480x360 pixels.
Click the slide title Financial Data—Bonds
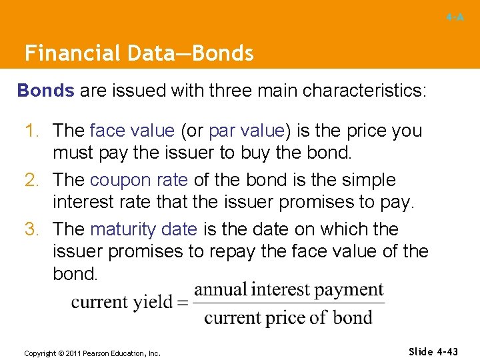[x=139, y=53]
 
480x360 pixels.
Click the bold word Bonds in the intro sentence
[x=45, y=91]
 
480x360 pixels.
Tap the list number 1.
[x=33, y=131]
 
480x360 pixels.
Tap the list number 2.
[x=33, y=180]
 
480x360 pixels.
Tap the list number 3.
[x=33, y=229]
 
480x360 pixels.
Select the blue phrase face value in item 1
[x=132, y=131]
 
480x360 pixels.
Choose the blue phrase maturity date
[x=143, y=229]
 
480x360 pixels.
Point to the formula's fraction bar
[x=289, y=303]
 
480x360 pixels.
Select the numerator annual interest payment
[x=289, y=290]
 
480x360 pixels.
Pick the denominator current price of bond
[x=288, y=317]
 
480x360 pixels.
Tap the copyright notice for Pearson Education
[x=92, y=353]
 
